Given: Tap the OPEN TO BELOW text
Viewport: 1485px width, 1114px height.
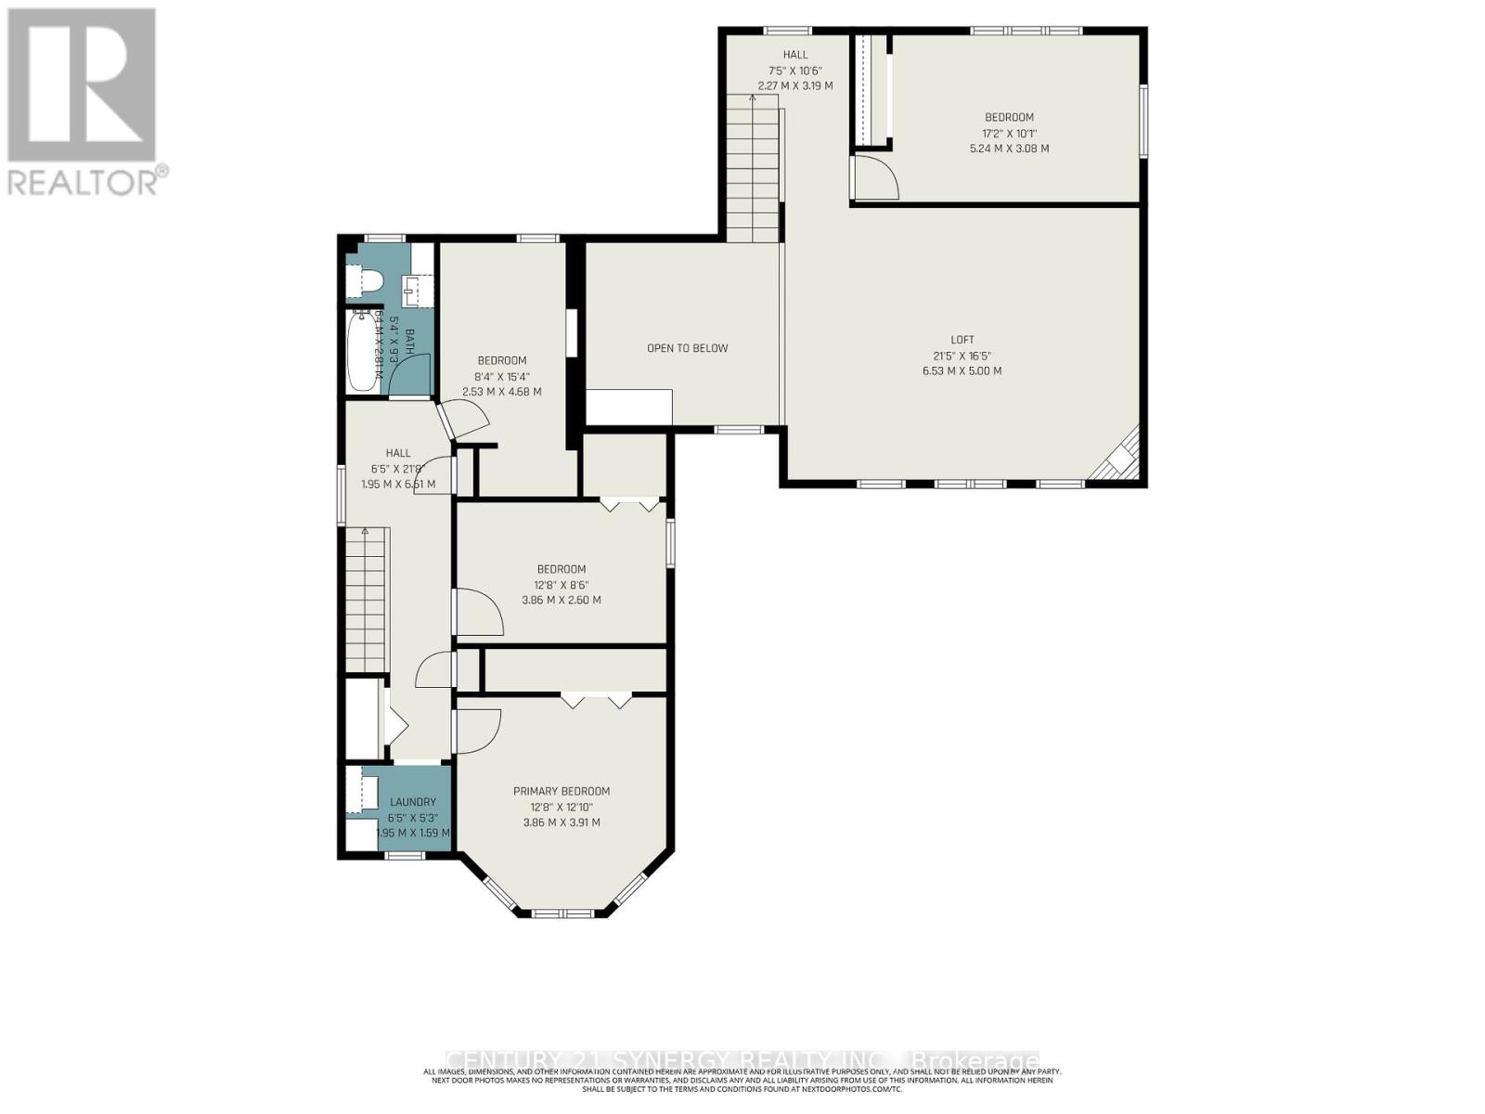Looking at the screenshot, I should (x=687, y=348).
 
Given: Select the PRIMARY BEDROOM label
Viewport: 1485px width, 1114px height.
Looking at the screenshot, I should (x=562, y=791).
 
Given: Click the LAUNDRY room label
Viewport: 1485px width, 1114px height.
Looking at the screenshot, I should (x=413, y=802).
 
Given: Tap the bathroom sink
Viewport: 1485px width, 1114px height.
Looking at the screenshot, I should (x=414, y=291).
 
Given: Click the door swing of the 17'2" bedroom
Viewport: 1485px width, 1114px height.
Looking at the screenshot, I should (x=875, y=177).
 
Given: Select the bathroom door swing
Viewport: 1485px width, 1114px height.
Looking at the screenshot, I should (x=408, y=373).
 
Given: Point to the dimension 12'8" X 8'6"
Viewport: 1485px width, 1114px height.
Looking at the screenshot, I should (x=562, y=585).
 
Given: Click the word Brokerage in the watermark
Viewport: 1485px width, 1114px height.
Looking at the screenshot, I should (x=975, y=1060).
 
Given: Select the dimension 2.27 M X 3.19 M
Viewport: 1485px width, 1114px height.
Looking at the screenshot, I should (x=795, y=85).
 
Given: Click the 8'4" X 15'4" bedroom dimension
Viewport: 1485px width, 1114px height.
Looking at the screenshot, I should (x=502, y=376).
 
